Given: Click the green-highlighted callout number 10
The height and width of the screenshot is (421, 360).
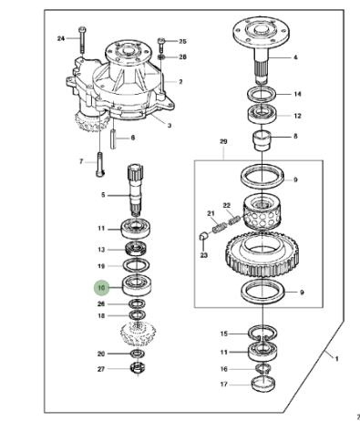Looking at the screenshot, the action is tap(101, 287).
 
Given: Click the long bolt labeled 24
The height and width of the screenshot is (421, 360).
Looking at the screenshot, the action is tap(82, 40).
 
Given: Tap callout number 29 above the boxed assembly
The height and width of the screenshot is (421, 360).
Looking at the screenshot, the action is tap(223, 141).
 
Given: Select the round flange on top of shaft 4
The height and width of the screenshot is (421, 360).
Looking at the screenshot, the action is tap(262, 31).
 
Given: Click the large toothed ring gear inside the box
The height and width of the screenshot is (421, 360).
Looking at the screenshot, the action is tap(262, 254).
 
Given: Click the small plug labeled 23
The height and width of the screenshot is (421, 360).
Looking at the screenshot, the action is tap(203, 236).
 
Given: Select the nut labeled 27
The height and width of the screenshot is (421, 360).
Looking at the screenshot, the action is tap(138, 368).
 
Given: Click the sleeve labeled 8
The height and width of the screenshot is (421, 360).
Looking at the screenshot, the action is tap(262, 140).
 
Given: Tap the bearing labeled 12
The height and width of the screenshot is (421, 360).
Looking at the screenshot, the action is tap(262, 114).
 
